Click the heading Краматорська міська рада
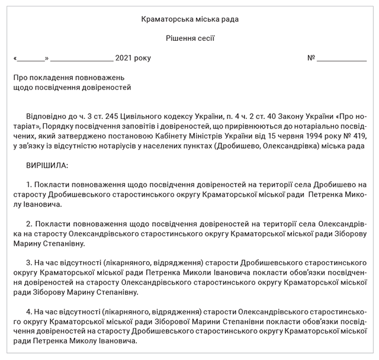pyautogui.click(x=190, y=20)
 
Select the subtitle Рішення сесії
pyautogui.click(x=190, y=38)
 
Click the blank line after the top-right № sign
pyautogui.click(x=342, y=59)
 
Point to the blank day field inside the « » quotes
pyautogui.click(x=31, y=59)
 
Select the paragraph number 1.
pyautogui.click(x=28, y=184)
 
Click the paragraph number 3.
pyautogui.click(x=28, y=262)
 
